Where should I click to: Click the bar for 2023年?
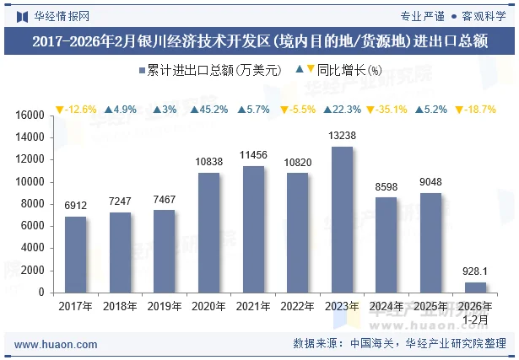point(342,219)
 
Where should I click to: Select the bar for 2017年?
point(76,254)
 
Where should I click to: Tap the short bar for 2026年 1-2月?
point(475,287)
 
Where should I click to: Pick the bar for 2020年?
point(208,233)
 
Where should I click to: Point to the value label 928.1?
point(475,271)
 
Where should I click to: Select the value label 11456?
point(253,156)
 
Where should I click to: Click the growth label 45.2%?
point(208,110)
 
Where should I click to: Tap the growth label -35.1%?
point(386,110)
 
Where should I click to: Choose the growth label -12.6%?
point(76,110)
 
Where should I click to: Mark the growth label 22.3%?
point(342,110)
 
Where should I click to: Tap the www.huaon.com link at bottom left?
point(57,345)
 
